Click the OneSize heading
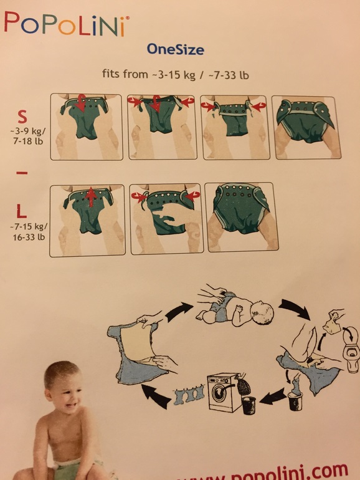point(175,48)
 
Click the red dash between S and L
point(22,174)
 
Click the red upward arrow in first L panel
point(89,199)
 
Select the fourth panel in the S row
point(305,127)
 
